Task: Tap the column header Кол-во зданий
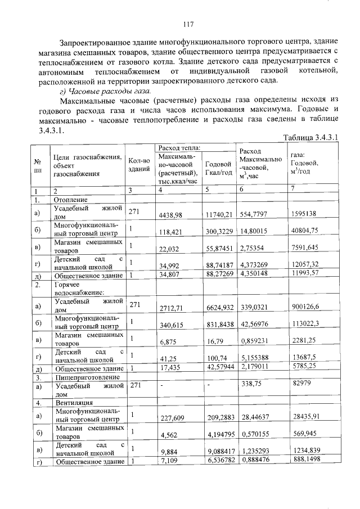coord(138,164)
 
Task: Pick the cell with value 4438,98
coord(171,214)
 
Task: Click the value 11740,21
coord(220,214)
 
